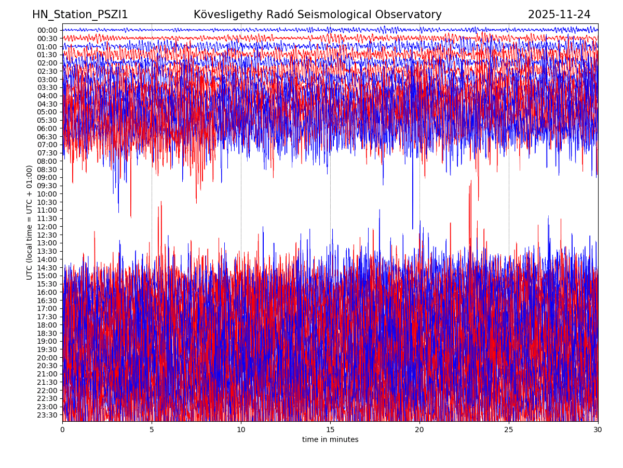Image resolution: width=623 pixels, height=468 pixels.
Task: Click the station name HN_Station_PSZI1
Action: tap(80, 15)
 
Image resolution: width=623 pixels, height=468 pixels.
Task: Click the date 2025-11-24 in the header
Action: tap(559, 15)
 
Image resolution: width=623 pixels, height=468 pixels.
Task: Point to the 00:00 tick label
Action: tap(47, 30)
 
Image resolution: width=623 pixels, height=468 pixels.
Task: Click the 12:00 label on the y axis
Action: tap(47, 227)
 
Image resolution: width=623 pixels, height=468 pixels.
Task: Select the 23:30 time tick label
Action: tap(47, 415)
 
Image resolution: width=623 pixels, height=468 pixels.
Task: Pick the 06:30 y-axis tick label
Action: tap(47, 137)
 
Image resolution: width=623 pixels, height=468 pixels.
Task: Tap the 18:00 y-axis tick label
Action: tap(47, 325)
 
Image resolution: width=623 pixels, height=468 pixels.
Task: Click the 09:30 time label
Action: tap(47, 186)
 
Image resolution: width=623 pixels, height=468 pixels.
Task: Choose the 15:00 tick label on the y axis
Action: tap(47, 276)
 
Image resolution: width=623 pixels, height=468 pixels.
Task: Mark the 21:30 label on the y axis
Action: tap(47, 382)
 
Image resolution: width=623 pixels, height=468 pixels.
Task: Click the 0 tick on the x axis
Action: tap(62, 430)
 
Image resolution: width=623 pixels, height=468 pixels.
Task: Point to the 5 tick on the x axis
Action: tap(152, 430)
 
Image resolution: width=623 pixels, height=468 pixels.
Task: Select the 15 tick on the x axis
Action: tap(330, 430)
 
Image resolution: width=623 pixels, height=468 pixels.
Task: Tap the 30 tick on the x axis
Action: tap(598, 430)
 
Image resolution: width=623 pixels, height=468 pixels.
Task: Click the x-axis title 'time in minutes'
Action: tap(330, 440)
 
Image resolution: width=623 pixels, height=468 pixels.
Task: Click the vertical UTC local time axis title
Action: tap(30, 223)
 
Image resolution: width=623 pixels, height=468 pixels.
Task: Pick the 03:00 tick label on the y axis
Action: tap(47, 80)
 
